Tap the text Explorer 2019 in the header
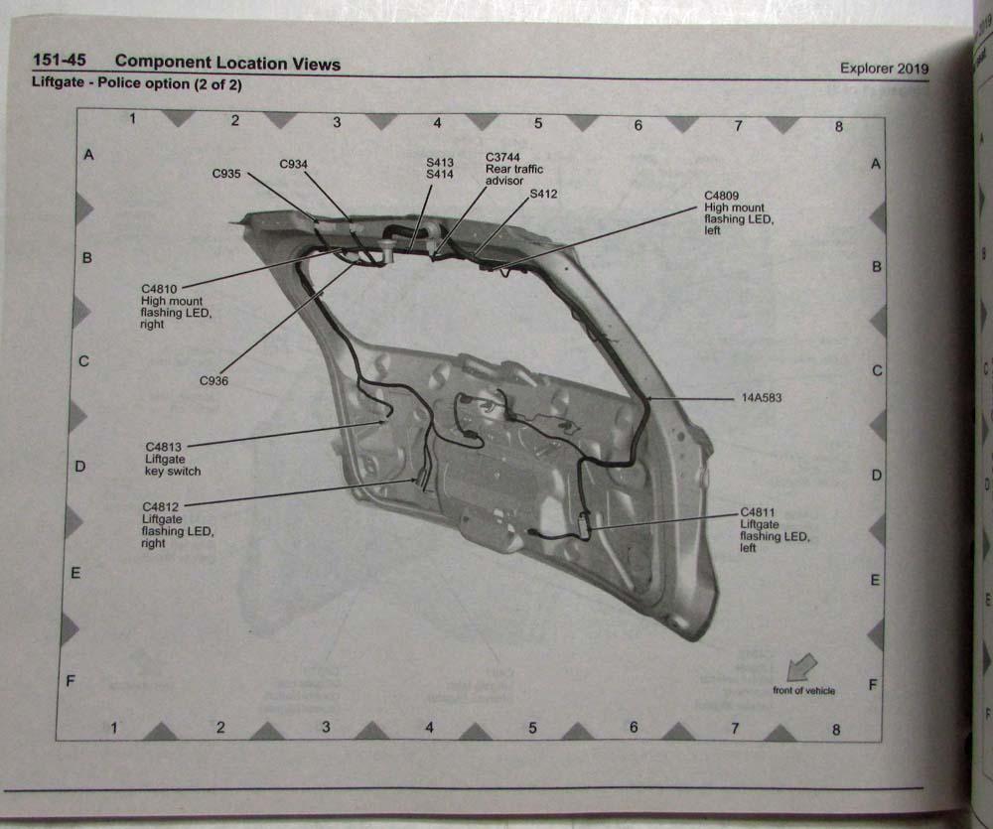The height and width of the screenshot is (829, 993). coord(884,69)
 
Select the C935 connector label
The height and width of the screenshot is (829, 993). coord(226,173)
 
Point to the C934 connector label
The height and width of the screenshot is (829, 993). coord(293,164)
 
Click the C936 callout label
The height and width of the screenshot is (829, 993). coord(214,380)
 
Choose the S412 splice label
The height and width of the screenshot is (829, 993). coord(543,194)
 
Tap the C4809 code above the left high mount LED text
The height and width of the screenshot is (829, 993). coord(724,196)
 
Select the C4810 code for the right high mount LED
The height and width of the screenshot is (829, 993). coord(162,289)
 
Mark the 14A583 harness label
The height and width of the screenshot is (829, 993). coord(763,397)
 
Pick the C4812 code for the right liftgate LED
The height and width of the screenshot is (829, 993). coord(162,506)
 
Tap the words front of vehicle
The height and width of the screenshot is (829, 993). coord(804,690)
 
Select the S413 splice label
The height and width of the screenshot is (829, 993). coord(439,162)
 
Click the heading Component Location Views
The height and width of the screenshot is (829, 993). coord(227,64)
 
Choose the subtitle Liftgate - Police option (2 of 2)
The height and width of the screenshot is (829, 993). coord(137,84)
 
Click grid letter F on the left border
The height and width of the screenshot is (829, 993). coord(71,681)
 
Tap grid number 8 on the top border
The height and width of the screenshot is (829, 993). coord(839,126)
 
